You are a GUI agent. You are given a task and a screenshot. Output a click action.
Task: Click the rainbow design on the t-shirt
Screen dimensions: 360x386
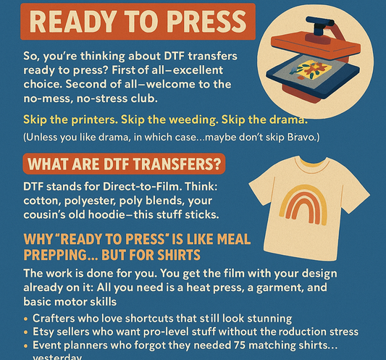click(319, 204)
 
